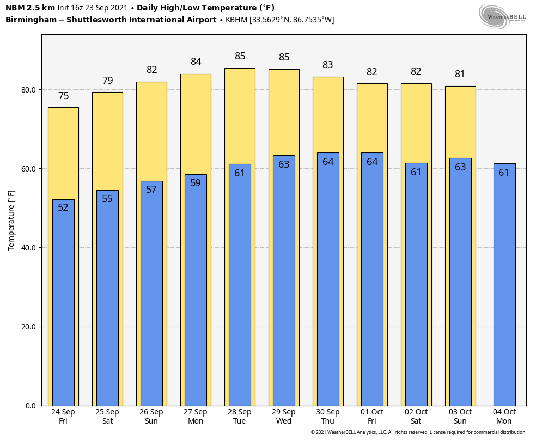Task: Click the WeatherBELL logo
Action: [x=502, y=16]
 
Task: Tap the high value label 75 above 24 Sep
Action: [x=63, y=96]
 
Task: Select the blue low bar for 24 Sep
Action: [x=63, y=305]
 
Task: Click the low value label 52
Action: [x=63, y=207]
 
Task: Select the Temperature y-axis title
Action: [x=11, y=221]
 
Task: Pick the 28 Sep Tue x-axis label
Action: [x=240, y=417]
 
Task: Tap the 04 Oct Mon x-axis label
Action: [x=504, y=417]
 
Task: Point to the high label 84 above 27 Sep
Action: [x=196, y=62]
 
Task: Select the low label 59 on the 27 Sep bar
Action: [x=196, y=183]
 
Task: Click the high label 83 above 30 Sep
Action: [x=328, y=65]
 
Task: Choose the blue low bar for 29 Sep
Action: [x=284, y=283]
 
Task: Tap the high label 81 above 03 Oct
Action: [x=460, y=74]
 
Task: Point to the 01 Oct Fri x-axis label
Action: [x=372, y=417]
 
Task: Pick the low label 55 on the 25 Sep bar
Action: [x=107, y=199]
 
